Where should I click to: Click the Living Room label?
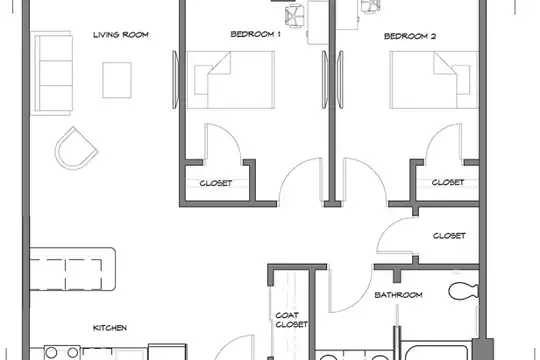121,35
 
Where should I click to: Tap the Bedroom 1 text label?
255,34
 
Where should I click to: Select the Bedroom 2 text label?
410,36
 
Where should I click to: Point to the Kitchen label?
110,328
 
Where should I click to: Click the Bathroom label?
398,295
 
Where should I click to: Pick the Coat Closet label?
291,320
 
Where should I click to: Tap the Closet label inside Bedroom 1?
216,183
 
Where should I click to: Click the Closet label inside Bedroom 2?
448,182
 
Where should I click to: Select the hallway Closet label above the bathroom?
449,236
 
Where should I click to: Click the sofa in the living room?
52,73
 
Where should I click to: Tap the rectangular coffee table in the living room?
117,80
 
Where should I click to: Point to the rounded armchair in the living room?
76,148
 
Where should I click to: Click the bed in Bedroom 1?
230,80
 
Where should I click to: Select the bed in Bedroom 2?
434,80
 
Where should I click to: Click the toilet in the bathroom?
463,291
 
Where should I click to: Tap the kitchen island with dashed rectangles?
73,269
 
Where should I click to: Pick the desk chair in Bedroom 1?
294,16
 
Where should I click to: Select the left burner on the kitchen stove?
51,353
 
